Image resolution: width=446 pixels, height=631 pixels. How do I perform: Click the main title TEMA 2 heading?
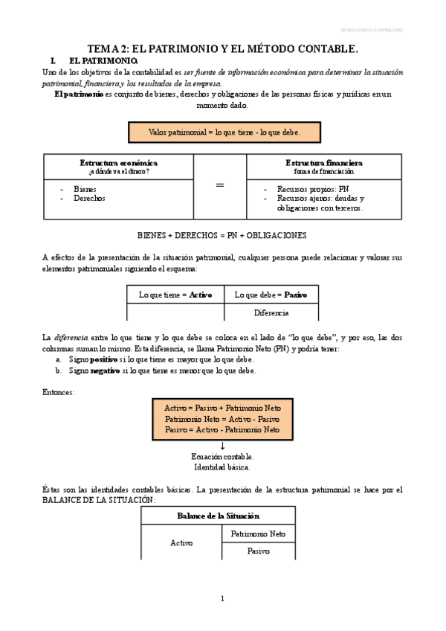(x=223, y=48)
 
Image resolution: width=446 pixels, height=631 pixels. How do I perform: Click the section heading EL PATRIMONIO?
(x=101, y=60)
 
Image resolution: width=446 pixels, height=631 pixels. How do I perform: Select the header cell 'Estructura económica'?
(x=118, y=163)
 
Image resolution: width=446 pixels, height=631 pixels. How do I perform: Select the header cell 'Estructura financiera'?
(x=323, y=163)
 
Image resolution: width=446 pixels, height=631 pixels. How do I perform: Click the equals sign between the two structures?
(x=219, y=185)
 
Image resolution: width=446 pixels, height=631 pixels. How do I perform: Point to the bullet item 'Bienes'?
(x=85, y=189)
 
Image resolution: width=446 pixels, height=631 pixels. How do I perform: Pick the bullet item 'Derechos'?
(x=89, y=199)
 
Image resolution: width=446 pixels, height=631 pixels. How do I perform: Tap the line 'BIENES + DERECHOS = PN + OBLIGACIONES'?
(x=222, y=235)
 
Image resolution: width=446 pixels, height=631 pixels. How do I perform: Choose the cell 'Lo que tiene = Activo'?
(x=175, y=295)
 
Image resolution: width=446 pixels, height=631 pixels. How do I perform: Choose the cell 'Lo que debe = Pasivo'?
(x=271, y=295)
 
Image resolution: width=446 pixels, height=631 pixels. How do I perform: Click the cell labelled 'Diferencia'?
(x=271, y=313)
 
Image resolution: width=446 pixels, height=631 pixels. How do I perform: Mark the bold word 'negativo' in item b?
(x=105, y=371)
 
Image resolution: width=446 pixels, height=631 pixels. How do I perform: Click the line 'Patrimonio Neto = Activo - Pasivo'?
(x=222, y=419)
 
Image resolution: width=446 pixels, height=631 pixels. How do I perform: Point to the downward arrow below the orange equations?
(x=222, y=445)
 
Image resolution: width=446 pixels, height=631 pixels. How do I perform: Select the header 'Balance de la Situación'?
(x=218, y=516)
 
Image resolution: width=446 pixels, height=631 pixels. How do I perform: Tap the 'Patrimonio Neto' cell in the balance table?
(x=258, y=534)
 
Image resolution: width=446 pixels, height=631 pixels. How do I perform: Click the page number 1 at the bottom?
(x=222, y=599)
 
